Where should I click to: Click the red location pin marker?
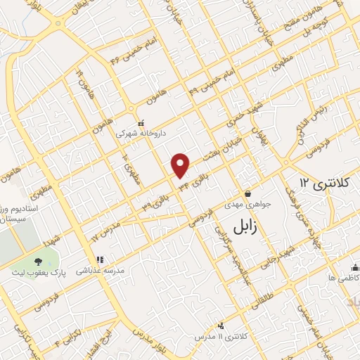(x=181, y=165)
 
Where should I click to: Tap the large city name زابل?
(x=241, y=225)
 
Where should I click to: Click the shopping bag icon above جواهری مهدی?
(x=247, y=193)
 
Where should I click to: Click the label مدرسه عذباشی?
(x=104, y=270)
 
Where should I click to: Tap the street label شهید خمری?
(x=235, y=121)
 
